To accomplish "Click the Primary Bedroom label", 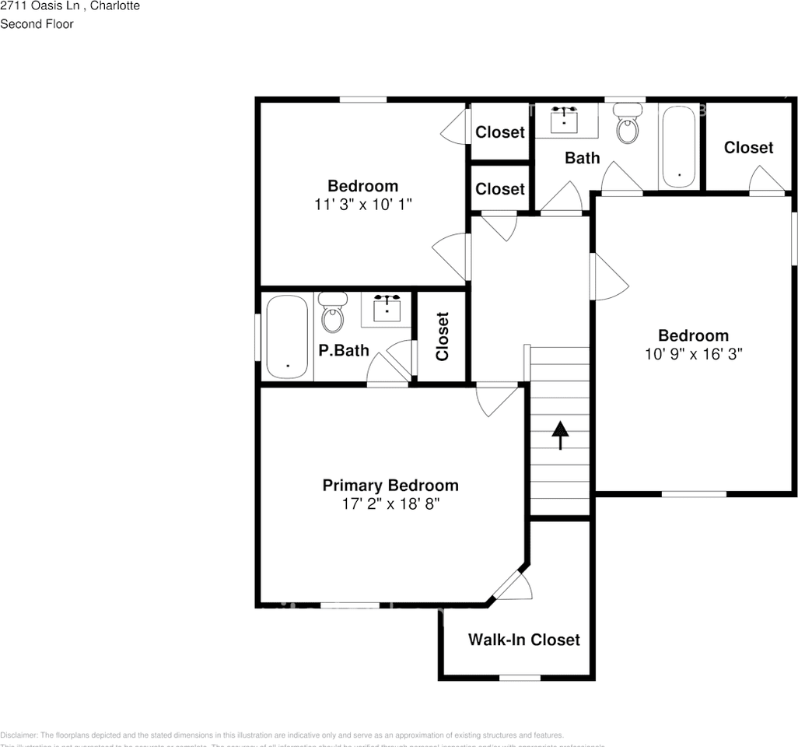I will (390, 486).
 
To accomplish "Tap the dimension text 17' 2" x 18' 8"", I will (390, 503).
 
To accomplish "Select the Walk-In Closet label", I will (523, 640).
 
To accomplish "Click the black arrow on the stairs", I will (559, 436).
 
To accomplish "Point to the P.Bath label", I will (344, 351).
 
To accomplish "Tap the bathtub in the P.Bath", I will (288, 336).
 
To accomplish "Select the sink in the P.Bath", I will (387, 308).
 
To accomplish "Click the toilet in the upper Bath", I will (628, 124).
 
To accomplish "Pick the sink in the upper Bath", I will (564, 118).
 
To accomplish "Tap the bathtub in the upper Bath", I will (680, 146).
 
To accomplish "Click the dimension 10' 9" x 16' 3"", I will (694, 354).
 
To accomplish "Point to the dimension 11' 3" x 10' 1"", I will (362, 204).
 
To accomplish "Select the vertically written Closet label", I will (443, 337).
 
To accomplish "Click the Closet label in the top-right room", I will (748, 147).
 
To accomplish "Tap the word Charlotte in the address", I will (117, 5).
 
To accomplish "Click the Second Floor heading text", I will (37, 24).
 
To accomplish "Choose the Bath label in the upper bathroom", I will (582, 158).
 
